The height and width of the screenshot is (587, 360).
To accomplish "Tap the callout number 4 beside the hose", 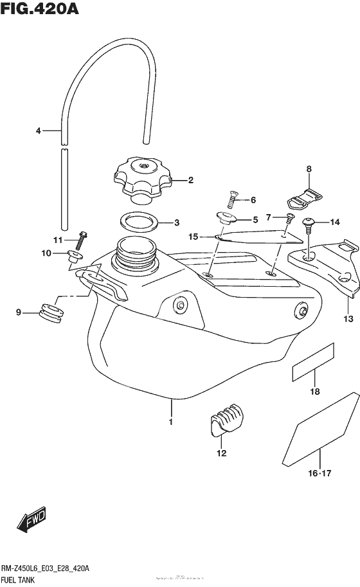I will click(x=39, y=131).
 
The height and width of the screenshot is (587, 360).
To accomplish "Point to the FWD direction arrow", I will click(x=28, y=521).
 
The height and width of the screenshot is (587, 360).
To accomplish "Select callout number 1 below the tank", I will click(x=171, y=422).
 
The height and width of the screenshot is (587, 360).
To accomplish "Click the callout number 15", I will click(x=193, y=237).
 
